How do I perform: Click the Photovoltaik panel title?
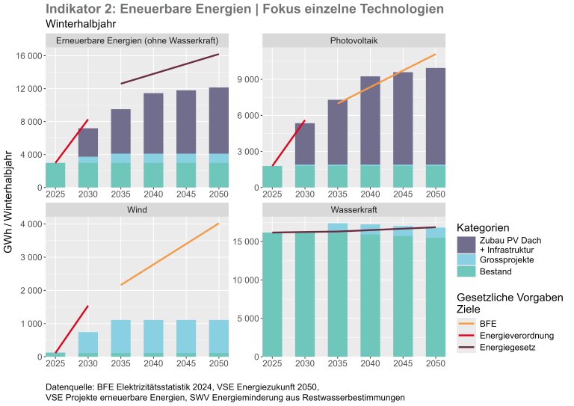pyautogui.click(x=354, y=40)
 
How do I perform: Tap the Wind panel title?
pyautogui.click(x=138, y=209)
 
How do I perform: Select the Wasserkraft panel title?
pyautogui.click(x=354, y=209)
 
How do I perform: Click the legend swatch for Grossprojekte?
pyautogui.click(x=466, y=259)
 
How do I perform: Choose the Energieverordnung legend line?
pyautogui.click(x=466, y=335)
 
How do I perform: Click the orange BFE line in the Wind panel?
pyautogui.click(x=170, y=254)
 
